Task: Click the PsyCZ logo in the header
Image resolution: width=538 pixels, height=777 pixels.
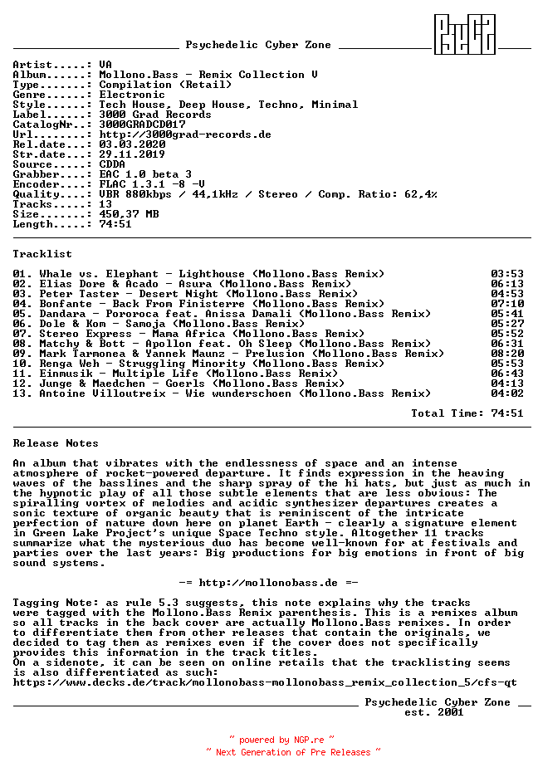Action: (466, 35)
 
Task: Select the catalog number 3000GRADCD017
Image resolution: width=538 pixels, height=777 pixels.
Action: (142, 125)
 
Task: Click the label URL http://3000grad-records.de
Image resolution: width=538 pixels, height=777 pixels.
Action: (185, 134)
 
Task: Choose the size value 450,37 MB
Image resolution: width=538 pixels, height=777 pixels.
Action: (129, 214)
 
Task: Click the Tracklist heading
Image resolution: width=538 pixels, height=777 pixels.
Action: (42, 254)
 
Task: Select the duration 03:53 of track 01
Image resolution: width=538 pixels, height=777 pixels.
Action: (507, 274)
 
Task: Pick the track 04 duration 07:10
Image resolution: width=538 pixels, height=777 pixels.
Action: (507, 304)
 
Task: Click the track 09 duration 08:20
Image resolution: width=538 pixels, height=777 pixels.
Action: (507, 354)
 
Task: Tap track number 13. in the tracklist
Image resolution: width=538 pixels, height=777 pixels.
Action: (22, 393)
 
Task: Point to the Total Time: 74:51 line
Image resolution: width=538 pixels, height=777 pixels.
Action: (467, 413)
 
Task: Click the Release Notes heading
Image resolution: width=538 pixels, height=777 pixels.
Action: (56, 443)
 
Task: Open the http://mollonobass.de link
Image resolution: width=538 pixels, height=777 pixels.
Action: (268, 583)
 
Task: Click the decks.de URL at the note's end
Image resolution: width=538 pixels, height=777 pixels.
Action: (265, 682)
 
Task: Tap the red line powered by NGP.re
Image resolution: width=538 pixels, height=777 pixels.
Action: (281, 740)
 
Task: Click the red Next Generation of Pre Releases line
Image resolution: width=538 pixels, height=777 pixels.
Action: (293, 752)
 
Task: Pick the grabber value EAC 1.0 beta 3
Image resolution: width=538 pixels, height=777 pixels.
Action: (145, 174)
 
